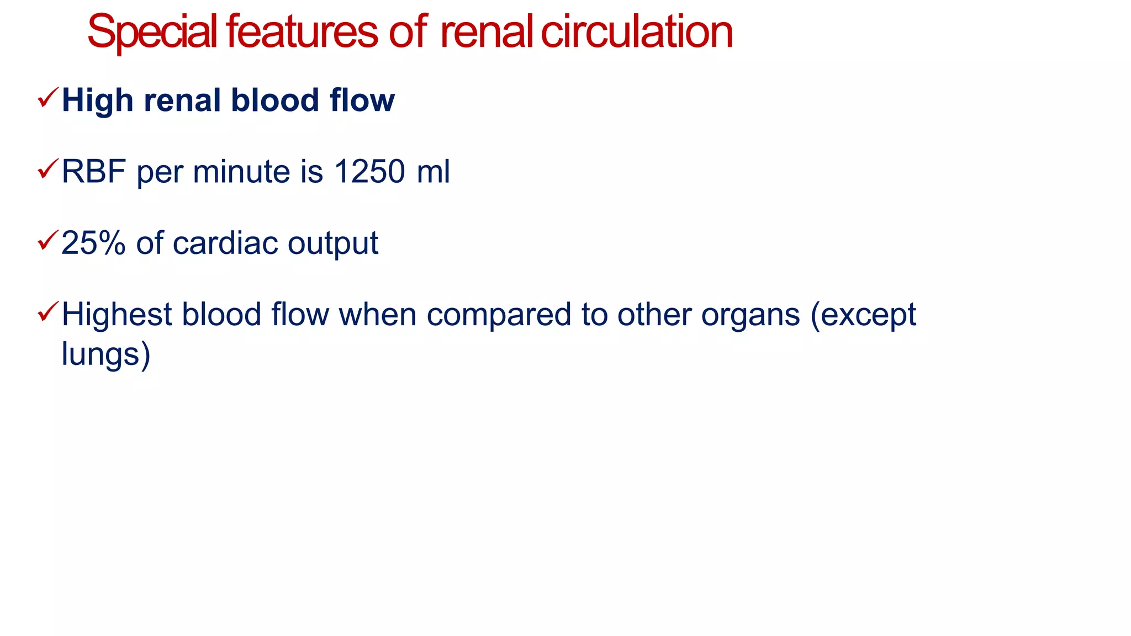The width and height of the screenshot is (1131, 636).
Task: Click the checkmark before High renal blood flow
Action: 47,98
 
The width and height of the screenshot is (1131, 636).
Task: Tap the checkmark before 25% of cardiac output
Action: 47,240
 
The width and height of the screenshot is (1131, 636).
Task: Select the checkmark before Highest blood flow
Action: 47,312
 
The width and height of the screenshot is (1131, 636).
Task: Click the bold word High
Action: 97,100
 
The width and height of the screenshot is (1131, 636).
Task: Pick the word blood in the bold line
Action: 275,100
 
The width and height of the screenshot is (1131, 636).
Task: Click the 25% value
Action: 93,243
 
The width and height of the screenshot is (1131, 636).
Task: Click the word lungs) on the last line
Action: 105,354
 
